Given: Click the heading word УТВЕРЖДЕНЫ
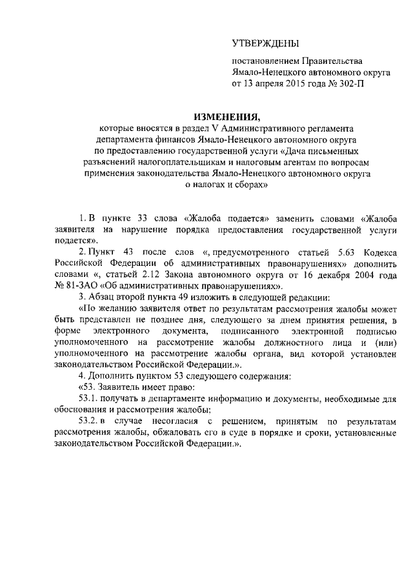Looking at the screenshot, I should [266, 44].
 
